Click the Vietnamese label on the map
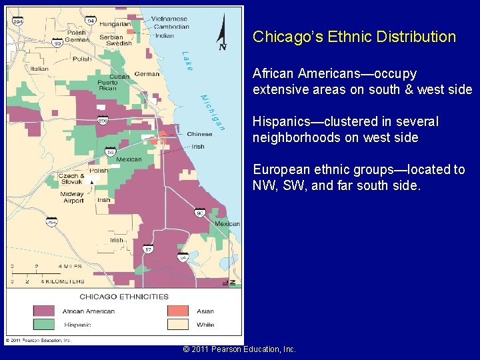pos(169,19)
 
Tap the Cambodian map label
pos(171,27)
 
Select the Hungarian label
pos(115,23)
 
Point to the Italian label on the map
pos(39,69)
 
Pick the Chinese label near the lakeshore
pos(199,135)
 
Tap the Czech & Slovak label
pos(72,179)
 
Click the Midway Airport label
pos(72,197)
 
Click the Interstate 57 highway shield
pos(148,249)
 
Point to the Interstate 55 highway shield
pos(111,152)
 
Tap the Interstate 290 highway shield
pos(103,121)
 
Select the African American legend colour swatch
pos(44,311)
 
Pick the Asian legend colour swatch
pos(179,311)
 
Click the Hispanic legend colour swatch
pos(44,325)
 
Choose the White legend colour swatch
pos(179,325)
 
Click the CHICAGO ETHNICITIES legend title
pos(124,297)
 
